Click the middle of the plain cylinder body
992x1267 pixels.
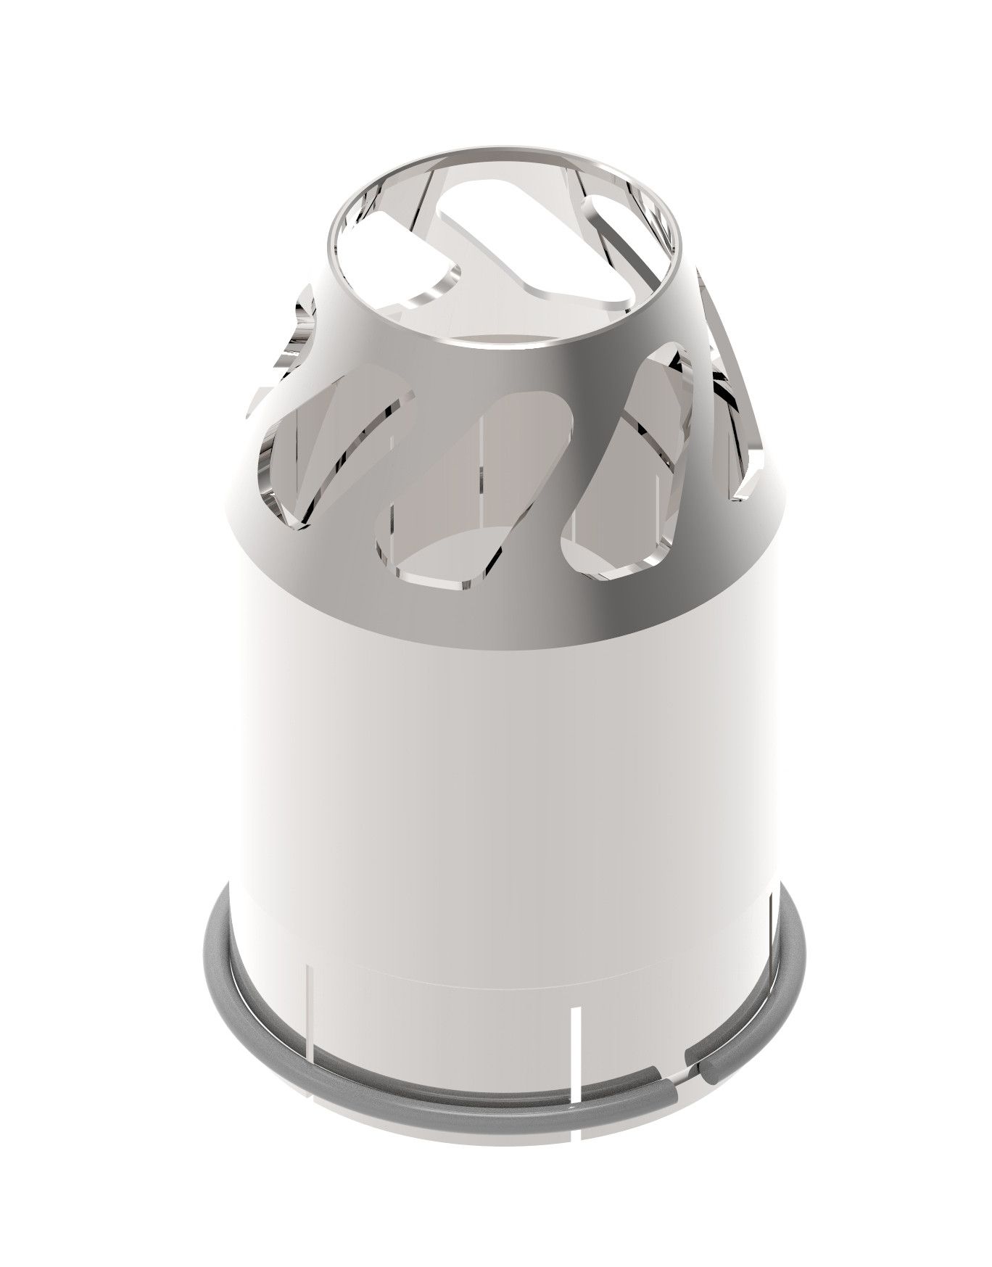(x=500, y=783)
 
